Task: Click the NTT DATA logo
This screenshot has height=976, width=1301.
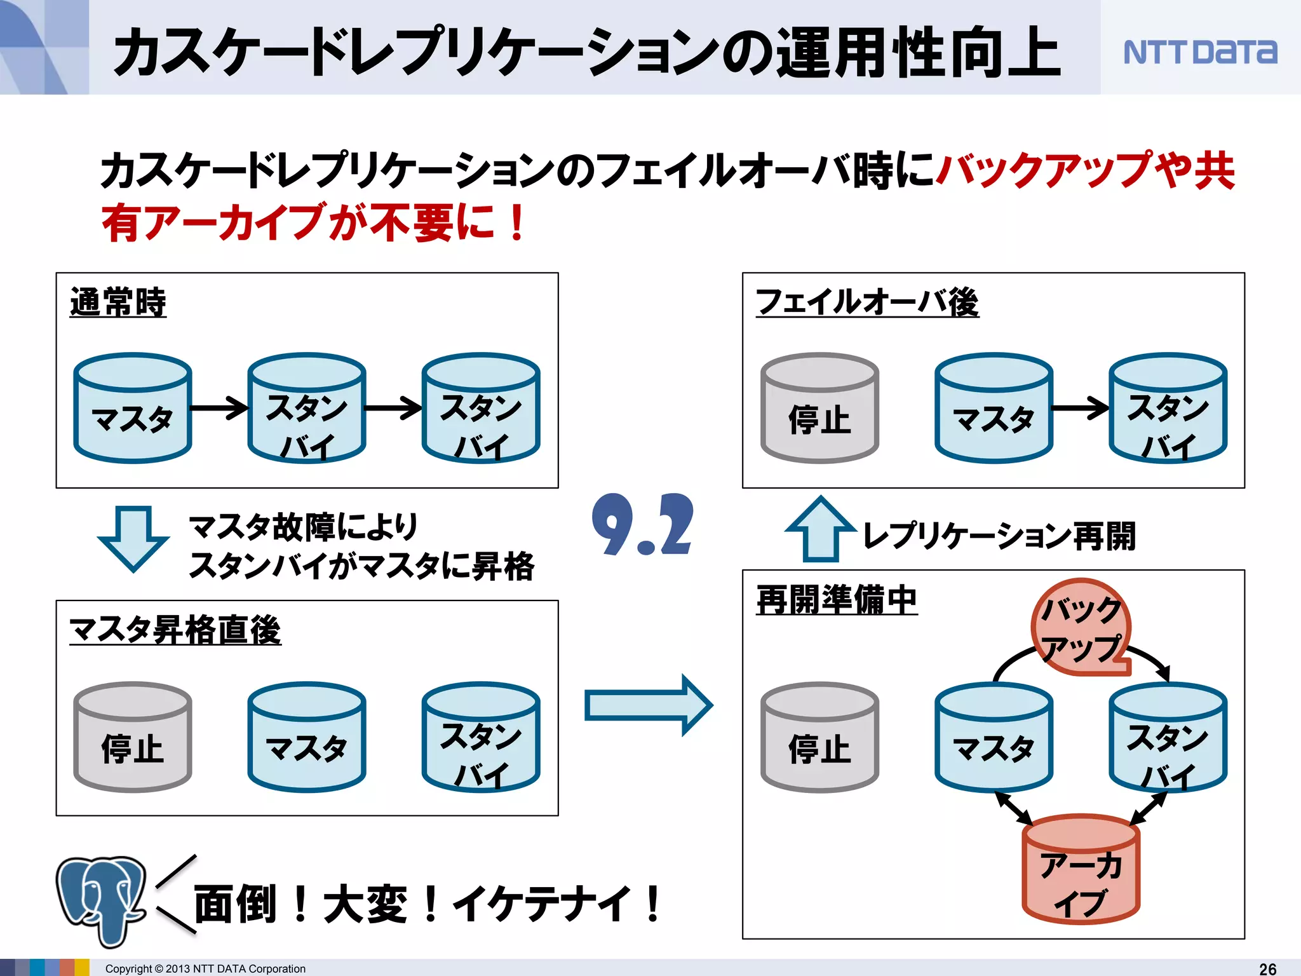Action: (x=1199, y=52)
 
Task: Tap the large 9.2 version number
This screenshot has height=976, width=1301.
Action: (x=642, y=525)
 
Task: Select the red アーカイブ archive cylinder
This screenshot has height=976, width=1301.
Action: (x=1081, y=871)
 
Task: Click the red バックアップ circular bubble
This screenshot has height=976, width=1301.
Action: (x=1080, y=627)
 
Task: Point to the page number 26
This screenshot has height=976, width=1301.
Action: (x=1267, y=968)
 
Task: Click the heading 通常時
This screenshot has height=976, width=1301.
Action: (x=118, y=302)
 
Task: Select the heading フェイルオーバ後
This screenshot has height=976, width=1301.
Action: (x=866, y=302)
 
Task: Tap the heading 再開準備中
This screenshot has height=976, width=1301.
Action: (x=837, y=600)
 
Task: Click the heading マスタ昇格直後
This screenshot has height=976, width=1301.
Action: (x=175, y=630)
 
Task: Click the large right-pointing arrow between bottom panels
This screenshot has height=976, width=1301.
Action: (x=648, y=705)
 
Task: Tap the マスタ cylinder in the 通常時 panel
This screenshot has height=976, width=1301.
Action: (x=132, y=409)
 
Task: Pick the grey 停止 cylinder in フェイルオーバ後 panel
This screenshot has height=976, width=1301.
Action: (x=819, y=409)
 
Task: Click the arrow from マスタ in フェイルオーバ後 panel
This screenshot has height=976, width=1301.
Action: (x=1080, y=408)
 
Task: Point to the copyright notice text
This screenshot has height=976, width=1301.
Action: (x=205, y=968)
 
